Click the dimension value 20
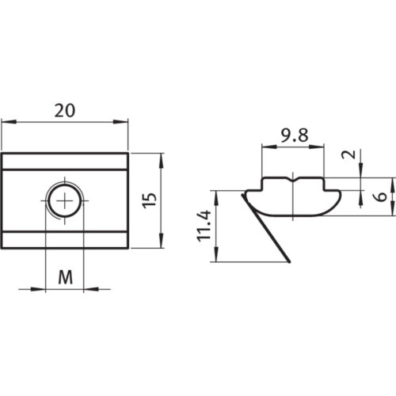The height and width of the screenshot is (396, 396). (65, 110)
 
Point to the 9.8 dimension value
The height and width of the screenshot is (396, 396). (292, 135)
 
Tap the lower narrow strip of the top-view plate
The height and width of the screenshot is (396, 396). (65, 240)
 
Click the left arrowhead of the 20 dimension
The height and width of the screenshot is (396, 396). (6, 121)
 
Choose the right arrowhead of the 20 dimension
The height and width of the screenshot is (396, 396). (124, 121)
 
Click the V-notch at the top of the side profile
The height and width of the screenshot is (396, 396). (292, 179)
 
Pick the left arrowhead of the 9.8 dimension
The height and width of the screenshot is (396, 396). (265, 146)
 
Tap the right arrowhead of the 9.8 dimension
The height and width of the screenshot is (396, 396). (321, 146)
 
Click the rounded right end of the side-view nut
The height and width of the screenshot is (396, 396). (340, 194)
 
